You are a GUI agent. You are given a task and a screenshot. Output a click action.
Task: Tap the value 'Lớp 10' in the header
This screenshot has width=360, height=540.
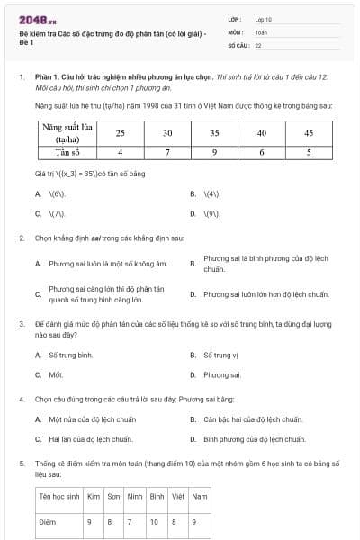coord(263,18)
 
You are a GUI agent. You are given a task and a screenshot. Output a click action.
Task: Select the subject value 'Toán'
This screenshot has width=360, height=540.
coord(261,31)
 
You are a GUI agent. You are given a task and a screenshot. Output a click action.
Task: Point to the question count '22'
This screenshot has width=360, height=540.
coord(258,44)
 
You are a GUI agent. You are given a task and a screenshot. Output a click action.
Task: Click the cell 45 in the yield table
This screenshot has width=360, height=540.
coord(308,132)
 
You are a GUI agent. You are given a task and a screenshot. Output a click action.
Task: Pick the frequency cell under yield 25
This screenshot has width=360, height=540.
coord(120,152)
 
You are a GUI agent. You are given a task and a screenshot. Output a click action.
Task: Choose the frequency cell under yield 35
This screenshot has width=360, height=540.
coord(214,152)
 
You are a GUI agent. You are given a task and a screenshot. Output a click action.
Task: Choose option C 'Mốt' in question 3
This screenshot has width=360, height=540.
coord(56,374)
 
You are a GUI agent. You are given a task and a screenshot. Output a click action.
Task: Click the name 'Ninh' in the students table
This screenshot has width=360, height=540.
coord(135,496)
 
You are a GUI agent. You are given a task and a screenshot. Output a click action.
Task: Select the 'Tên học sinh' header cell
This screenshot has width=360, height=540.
coord(58,496)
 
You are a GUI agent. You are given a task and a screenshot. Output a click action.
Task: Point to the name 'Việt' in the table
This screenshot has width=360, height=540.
coord(178,496)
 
